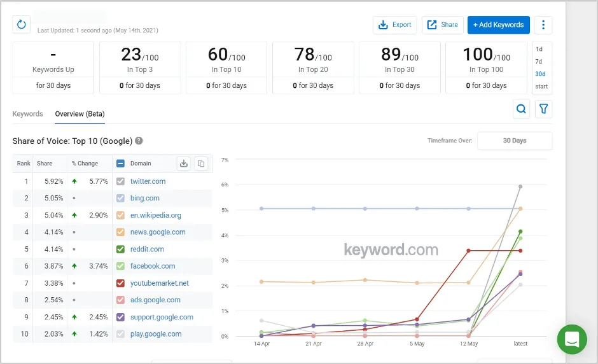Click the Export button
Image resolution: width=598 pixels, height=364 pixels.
pyautogui.click(x=394, y=25)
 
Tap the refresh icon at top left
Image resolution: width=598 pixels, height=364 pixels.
pyautogui.click(x=21, y=25)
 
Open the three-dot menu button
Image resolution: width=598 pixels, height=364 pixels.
pyautogui.click(x=543, y=25)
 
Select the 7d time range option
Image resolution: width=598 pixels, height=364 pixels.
pyautogui.click(x=539, y=62)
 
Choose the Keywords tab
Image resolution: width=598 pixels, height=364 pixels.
pyautogui.click(x=28, y=114)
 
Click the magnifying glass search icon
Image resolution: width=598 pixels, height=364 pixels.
pyautogui.click(x=521, y=109)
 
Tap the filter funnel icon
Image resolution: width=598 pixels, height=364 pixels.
pyautogui.click(x=543, y=109)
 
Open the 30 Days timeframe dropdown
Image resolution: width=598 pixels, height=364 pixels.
pyautogui.click(x=515, y=141)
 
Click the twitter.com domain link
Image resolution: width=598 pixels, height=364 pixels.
pyautogui.click(x=148, y=181)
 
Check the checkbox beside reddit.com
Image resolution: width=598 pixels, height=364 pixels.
pyautogui.click(x=121, y=249)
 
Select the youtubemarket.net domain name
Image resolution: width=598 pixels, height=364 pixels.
pyautogui.click(x=160, y=283)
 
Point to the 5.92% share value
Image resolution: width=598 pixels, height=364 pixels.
pyautogui.click(x=53, y=181)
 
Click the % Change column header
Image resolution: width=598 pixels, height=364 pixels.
pyautogui.click(x=85, y=164)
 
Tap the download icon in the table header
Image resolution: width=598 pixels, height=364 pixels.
pyautogui.click(x=184, y=164)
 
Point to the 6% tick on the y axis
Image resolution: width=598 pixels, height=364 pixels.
pyautogui.click(x=225, y=185)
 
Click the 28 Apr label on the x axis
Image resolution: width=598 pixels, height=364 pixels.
pyautogui.click(x=365, y=344)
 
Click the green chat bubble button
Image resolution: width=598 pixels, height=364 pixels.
pyautogui.click(x=572, y=339)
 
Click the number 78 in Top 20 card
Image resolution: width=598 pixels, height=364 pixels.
pyautogui.click(x=305, y=55)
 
